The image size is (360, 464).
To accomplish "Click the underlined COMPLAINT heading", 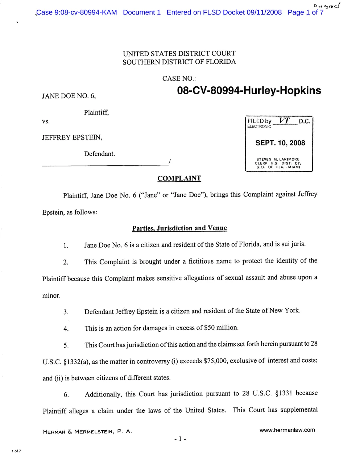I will tap(179, 178).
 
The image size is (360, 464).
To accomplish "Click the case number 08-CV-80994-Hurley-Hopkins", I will tap(249, 91).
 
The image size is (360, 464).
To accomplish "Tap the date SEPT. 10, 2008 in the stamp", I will tap(280, 143).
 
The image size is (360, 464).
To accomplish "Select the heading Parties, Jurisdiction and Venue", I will tap(179, 228).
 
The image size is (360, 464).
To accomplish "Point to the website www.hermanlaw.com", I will tap(287, 430).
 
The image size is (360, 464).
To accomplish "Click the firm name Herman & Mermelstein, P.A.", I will tap(87, 432).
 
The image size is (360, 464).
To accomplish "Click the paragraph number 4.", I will tap(66, 329).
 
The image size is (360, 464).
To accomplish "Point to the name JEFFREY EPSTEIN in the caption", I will tap(72, 138).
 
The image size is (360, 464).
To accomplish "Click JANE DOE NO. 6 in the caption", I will tap(69, 96).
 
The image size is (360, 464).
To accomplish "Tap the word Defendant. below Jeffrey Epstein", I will tap(99, 154).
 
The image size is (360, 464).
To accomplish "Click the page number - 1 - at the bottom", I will tap(180, 439).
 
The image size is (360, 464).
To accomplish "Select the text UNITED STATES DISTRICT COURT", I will tap(179, 53).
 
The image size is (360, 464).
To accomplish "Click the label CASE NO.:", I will tap(179, 78).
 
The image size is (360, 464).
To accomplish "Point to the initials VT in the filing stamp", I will tap(285, 121).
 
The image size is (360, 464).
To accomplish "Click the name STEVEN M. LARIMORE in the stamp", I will tap(278, 159).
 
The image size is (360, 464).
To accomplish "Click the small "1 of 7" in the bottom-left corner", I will tap(16, 451).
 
